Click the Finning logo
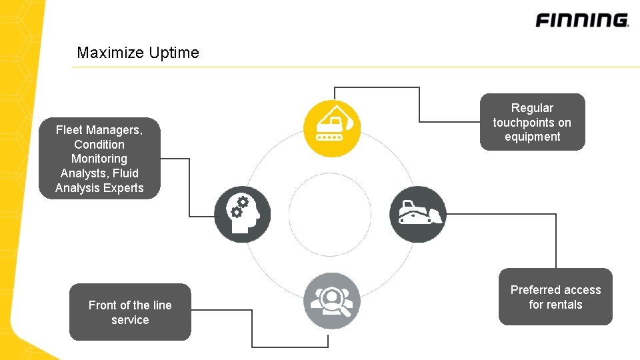click(581, 20)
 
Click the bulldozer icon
click(417, 214)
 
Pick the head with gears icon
click(243, 214)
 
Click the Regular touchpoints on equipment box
click(532, 122)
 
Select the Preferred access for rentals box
click(555, 297)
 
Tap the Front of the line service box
click(130, 312)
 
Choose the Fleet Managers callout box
click(99, 159)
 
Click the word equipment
click(532, 137)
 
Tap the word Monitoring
click(99, 159)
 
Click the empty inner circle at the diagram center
click(330, 214)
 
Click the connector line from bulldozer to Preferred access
click(555, 240)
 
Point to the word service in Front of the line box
click(130, 320)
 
